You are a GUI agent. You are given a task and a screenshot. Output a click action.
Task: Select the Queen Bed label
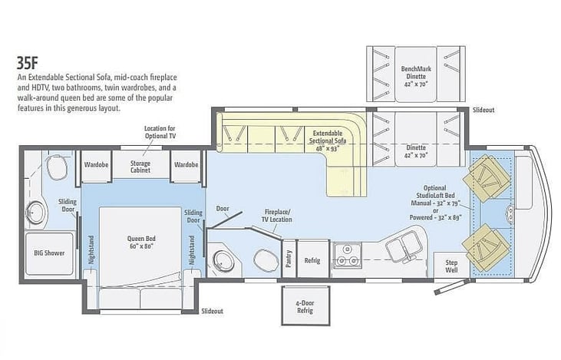pos(140,243)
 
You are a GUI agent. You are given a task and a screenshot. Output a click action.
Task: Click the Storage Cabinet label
pos(140,166)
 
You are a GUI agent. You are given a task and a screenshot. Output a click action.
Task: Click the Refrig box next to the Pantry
pos(312,259)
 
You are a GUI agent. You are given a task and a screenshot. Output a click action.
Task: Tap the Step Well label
pos(452,265)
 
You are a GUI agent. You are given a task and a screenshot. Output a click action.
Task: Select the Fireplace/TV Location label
pos(278,214)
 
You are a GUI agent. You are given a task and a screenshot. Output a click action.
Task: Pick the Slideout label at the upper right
pos(483,110)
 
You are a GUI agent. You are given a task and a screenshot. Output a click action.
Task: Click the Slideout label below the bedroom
pos(212,311)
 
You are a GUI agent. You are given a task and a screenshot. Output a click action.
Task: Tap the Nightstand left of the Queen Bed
pos(91,249)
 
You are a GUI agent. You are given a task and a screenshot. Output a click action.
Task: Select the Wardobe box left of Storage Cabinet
pos(96,164)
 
